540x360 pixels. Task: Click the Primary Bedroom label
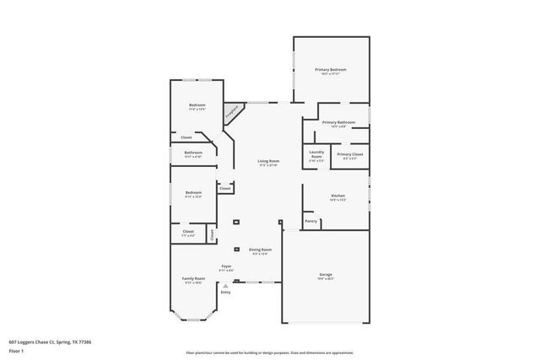331,70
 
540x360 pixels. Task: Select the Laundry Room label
316,156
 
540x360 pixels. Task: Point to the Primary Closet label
350,154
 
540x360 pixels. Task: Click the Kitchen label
337,196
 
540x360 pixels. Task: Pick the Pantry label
310,222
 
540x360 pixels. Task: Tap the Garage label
326,275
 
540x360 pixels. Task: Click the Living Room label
268,162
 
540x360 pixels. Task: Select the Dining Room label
260,250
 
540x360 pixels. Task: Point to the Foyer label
226,266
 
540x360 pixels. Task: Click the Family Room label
193,279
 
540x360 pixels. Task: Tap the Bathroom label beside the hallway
193,153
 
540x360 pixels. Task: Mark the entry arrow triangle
225,287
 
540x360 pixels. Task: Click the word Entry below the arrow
225,293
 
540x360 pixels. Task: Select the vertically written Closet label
211,234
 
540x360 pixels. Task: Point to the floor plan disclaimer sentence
269,353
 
